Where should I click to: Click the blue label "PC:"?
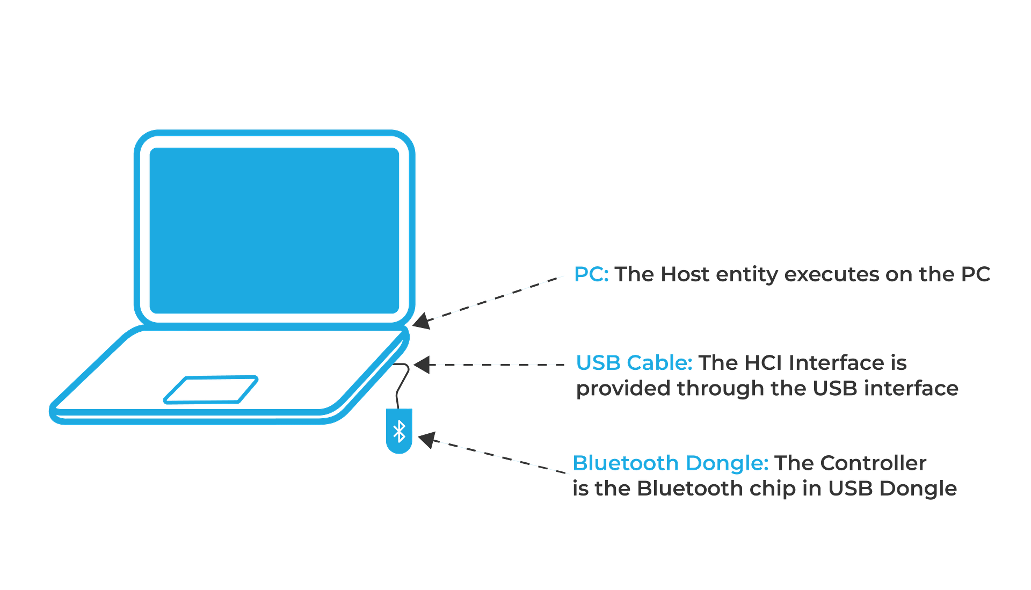click(x=591, y=274)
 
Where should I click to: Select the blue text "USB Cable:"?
click(x=634, y=363)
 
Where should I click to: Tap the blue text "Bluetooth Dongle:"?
click(x=671, y=463)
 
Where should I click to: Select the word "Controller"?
click(x=874, y=463)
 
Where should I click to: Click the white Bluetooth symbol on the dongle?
click(x=399, y=431)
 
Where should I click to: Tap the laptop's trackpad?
click(x=211, y=390)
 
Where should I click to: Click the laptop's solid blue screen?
click(x=274, y=230)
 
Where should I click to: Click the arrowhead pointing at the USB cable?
click(x=422, y=365)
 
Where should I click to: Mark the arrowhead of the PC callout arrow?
click(x=422, y=321)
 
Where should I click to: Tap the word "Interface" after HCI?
click(x=835, y=363)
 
